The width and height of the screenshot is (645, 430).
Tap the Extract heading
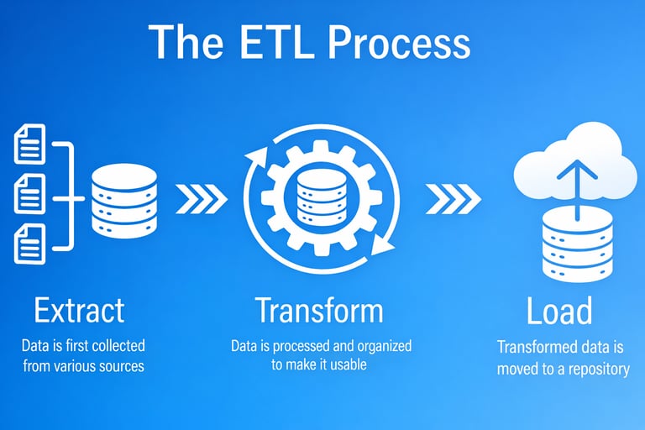coord(79,311)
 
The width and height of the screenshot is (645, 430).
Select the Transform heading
coord(318,311)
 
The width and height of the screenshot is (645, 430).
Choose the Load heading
coord(559,312)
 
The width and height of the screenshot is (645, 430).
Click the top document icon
coord(29,144)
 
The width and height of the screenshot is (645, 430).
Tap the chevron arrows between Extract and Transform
coord(202,199)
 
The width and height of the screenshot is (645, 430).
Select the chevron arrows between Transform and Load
coord(454,199)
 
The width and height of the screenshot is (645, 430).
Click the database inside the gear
coord(322,199)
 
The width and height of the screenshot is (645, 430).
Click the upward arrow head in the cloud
coord(576,168)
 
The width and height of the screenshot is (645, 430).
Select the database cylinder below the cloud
coord(576,245)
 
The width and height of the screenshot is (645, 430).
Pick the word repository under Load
coord(597,369)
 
